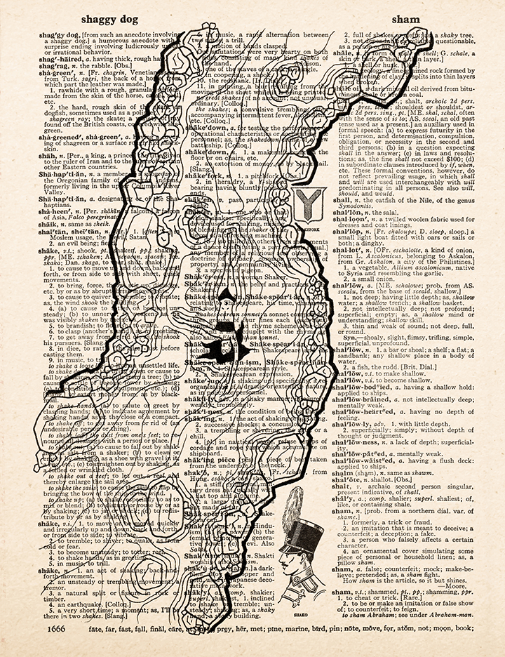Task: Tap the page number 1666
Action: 62,630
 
